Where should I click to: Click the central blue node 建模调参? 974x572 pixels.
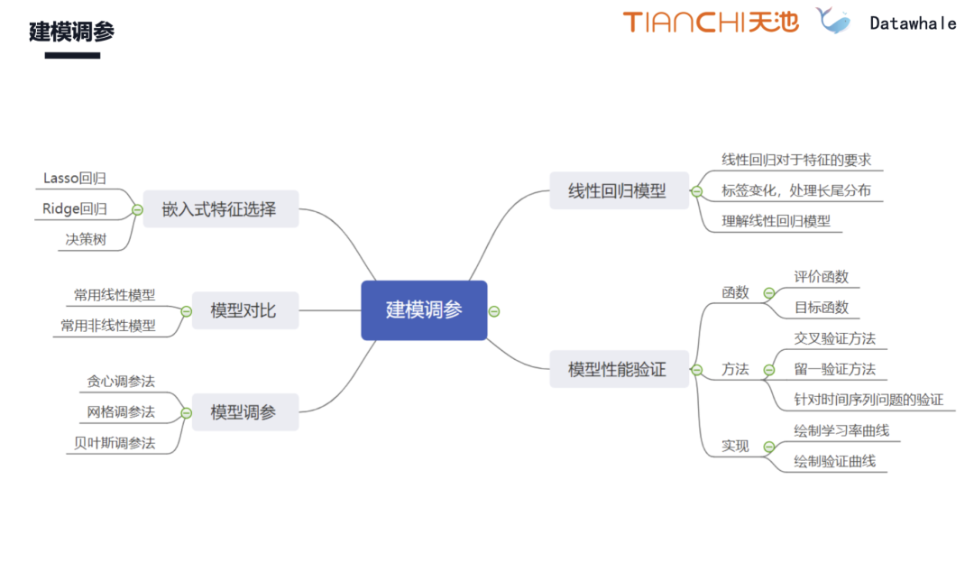coord(424,310)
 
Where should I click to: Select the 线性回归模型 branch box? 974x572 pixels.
coord(618,190)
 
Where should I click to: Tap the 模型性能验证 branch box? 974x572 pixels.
coord(618,369)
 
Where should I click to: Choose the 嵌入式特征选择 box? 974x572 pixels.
coord(219,210)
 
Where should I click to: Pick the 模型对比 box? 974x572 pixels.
coord(243,311)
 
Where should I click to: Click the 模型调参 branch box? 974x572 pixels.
coord(243,412)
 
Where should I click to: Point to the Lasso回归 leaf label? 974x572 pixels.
coord(75,179)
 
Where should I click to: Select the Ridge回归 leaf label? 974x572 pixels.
coord(75,209)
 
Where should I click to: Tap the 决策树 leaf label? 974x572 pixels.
coord(86,240)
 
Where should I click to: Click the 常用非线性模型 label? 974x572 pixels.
coord(108,326)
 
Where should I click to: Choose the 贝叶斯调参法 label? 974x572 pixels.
coord(115,443)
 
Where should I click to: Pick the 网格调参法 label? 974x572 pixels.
coord(121,412)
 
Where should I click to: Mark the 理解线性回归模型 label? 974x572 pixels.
coord(776,221)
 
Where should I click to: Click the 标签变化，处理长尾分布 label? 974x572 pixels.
coord(795,190)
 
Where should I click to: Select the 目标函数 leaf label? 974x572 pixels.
coord(822,307)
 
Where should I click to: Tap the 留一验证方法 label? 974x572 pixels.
coord(834,369)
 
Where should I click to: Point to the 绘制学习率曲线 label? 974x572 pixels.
coord(841,430)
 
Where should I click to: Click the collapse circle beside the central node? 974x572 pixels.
coord(494,311)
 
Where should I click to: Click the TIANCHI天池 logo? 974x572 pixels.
coord(711,22)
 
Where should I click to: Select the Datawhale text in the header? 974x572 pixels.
coord(913,23)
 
